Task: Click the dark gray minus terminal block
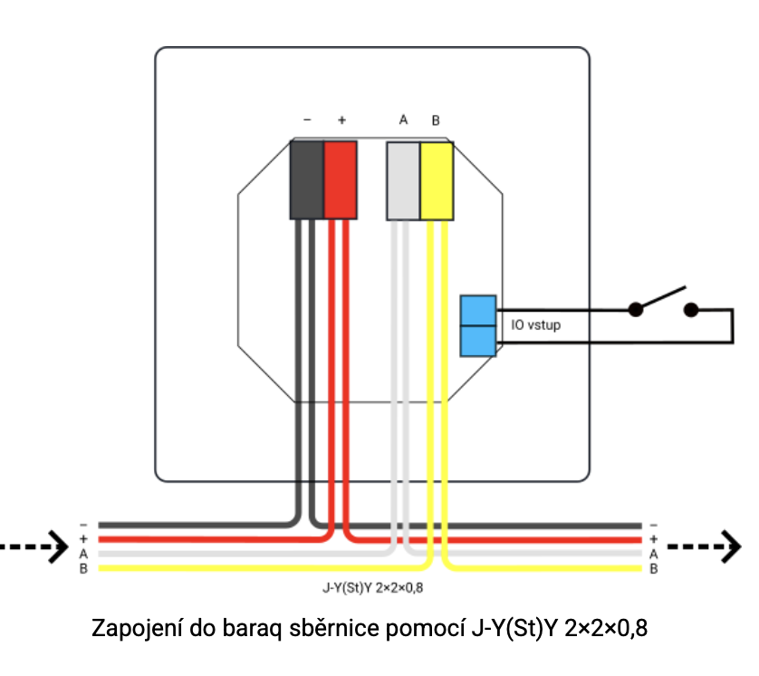tap(306, 179)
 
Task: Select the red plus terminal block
tap(341, 179)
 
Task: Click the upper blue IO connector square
tap(477, 310)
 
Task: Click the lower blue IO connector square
tap(477, 341)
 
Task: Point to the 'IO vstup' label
tap(536, 324)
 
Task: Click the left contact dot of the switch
tap(637, 310)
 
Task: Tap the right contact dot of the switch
tap(691, 310)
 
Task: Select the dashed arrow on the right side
tap(705, 547)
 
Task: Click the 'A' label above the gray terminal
tap(403, 120)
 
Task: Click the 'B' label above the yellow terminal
tap(436, 120)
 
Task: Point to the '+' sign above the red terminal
tap(341, 120)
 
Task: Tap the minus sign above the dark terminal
tap(307, 120)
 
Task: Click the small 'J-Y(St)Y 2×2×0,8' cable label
tap(373, 589)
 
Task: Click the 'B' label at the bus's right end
tap(653, 569)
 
